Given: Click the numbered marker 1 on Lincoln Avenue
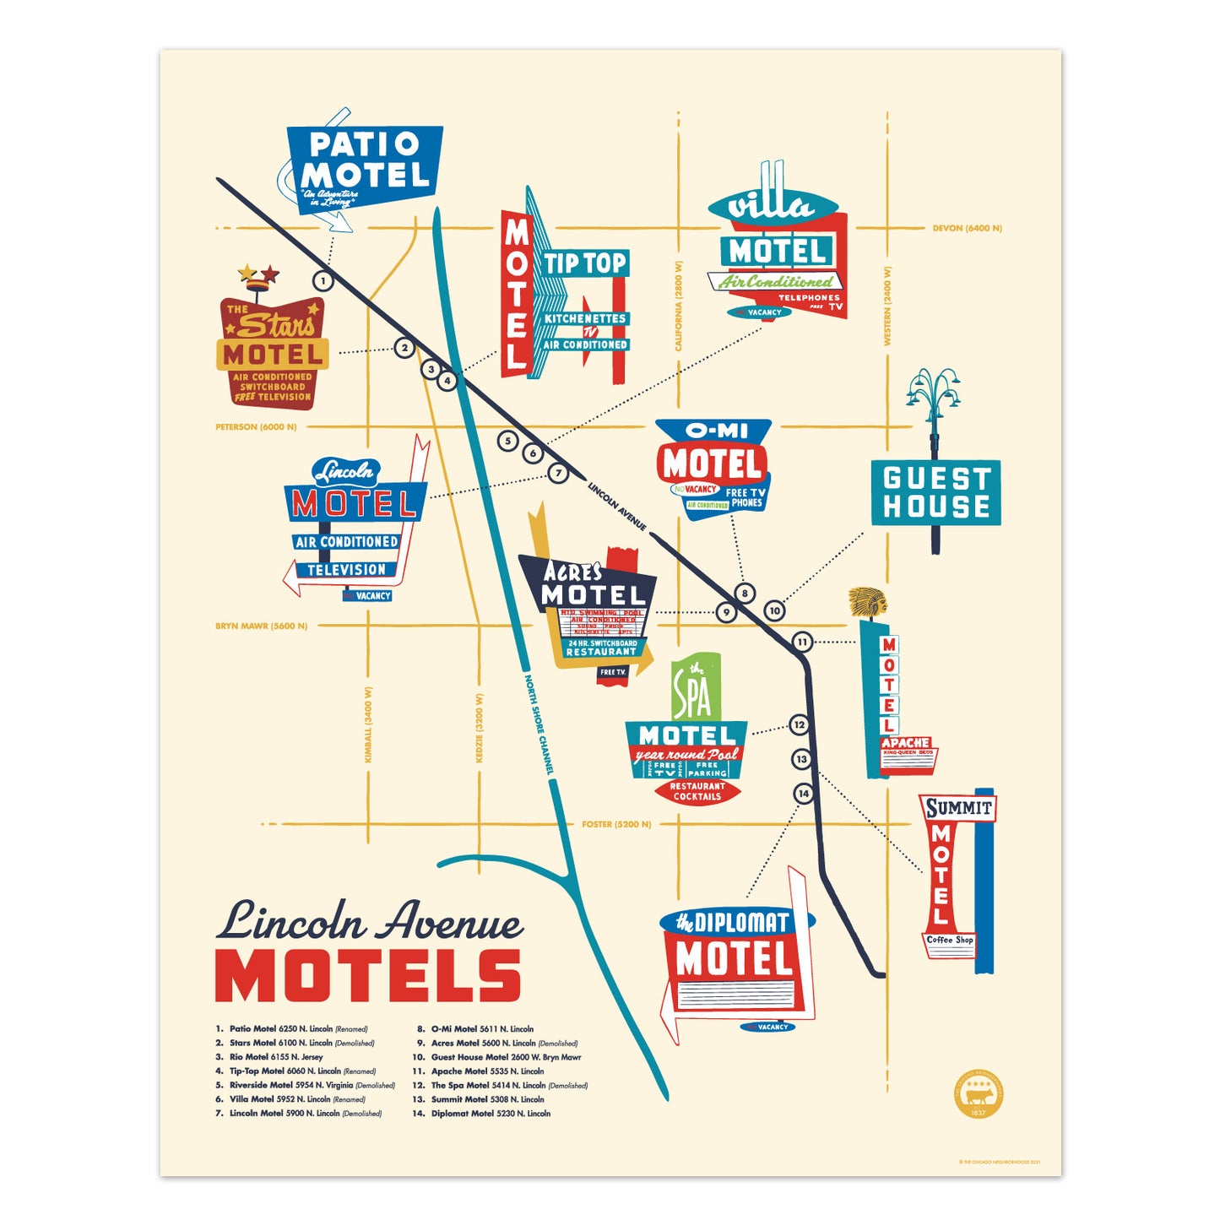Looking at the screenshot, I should pos(323,280).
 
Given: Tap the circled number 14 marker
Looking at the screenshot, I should pos(803,794).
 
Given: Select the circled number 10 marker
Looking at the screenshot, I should pos(774,610).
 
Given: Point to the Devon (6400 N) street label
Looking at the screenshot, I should pos(967,228).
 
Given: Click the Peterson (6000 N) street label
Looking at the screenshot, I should pos(256,427).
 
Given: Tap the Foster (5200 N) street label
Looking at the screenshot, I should pos(616,824).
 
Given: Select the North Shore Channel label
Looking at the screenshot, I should pos(539,724).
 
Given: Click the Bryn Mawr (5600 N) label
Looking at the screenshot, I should pos(261,626).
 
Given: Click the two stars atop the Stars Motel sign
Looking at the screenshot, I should pos(258,274).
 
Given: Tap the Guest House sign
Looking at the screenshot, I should pos(935,492).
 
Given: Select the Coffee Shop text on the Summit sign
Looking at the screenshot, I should pos(950,940).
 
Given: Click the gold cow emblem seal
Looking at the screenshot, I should pos(979,1095).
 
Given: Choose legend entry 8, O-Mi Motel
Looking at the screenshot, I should pos(481,1029).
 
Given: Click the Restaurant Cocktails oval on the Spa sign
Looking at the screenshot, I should pos(697,791).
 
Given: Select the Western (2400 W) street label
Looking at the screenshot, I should pos(887,306).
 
